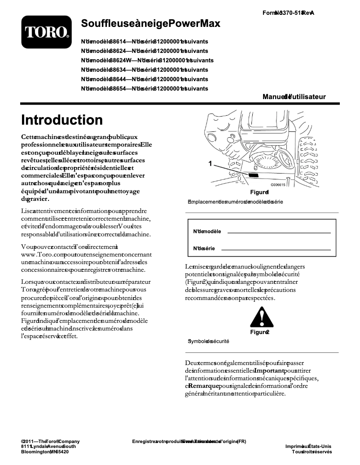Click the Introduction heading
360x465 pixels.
click(62, 120)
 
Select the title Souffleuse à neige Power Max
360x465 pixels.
click(150, 24)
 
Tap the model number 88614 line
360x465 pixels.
click(144, 41)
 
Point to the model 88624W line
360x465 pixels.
click(147, 60)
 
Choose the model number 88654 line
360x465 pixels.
click(144, 89)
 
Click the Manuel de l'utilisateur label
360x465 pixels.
click(294, 97)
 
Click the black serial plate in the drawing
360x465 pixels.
click(254, 176)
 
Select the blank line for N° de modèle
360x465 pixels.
click(279, 233)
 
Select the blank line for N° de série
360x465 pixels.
click(276, 249)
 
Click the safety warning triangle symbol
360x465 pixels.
click(259, 319)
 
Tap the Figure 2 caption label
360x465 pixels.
click(260, 332)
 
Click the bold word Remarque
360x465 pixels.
click(204, 386)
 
